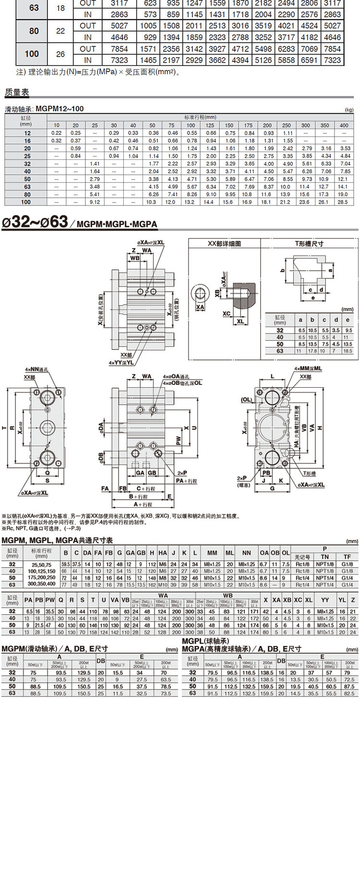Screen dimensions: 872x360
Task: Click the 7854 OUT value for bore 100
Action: (119, 49)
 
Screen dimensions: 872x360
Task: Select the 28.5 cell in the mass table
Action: (343, 202)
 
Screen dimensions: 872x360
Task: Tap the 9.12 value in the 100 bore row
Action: (95, 202)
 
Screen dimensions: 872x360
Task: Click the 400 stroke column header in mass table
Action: (344, 125)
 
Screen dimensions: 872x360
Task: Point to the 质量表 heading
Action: (17, 92)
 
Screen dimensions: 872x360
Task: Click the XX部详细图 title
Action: (224, 244)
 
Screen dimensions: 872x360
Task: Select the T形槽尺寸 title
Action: (309, 244)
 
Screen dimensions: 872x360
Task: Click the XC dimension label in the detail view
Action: (227, 313)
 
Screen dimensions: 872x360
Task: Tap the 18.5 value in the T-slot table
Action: (348, 351)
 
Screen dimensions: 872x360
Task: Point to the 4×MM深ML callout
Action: (308, 368)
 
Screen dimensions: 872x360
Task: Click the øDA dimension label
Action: (101, 426)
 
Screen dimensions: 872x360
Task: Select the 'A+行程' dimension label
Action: (143, 504)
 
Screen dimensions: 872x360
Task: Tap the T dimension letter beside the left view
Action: (5, 428)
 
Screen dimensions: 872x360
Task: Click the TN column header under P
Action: (324, 557)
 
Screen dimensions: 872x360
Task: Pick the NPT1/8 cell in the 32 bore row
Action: (324, 564)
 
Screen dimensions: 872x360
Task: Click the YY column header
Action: (325, 600)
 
